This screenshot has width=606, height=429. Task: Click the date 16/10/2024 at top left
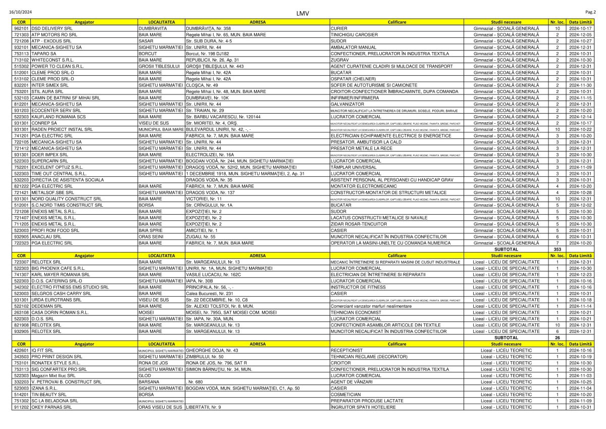coord(21,12)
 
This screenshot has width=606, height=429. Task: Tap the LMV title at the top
coord(303,13)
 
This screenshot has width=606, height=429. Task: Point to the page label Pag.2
coord(591,11)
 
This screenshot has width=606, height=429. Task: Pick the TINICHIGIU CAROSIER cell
coord(353,34)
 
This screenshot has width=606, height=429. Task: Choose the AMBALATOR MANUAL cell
coord(353,47)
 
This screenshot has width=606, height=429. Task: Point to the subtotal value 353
coord(558,249)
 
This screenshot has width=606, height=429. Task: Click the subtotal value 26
coord(558,338)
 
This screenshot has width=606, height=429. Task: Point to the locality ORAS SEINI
coord(151,236)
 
